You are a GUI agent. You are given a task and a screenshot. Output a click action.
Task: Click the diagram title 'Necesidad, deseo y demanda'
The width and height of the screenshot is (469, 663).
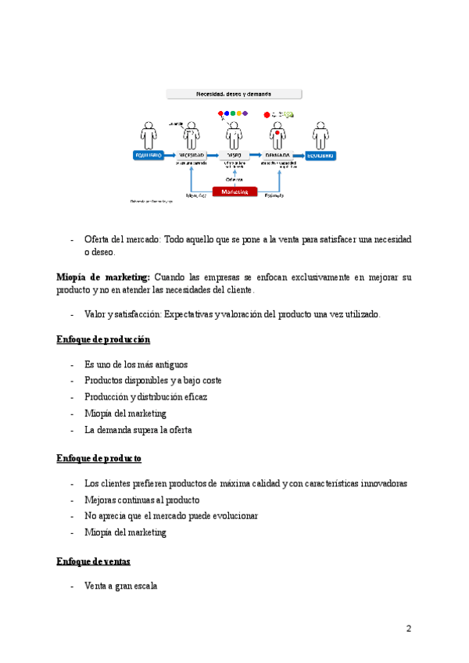[x=234, y=94]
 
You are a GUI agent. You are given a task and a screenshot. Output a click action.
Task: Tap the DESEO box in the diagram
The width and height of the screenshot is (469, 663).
[x=234, y=156]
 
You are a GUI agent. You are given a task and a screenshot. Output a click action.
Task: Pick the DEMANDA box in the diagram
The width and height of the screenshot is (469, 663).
[x=277, y=156]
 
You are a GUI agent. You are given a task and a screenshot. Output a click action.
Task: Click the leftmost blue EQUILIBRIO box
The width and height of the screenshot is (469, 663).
[x=149, y=156]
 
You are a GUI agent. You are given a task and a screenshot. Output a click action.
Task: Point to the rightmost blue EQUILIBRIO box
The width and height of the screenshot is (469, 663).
[x=320, y=156]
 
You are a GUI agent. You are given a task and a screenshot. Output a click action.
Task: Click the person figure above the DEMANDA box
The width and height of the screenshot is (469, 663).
[x=277, y=134]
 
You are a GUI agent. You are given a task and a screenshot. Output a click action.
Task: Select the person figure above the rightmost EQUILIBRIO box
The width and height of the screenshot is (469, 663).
[x=320, y=134]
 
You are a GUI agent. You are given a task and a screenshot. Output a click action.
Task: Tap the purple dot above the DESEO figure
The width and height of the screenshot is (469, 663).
[x=245, y=113]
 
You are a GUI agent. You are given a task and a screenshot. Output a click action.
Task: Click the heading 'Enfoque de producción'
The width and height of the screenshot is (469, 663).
[x=103, y=339]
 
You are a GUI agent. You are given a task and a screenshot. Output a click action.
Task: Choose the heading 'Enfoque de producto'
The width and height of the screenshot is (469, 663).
[x=98, y=458]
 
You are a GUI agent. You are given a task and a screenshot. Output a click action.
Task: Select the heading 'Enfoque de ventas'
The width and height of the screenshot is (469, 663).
[x=94, y=561]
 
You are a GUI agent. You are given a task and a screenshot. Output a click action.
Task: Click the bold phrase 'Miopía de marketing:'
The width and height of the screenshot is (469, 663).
[x=103, y=278]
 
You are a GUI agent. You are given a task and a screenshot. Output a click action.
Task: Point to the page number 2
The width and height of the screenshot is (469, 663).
[x=408, y=629]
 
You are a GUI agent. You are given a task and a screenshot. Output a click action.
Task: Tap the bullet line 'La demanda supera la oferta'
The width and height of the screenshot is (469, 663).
[x=138, y=429]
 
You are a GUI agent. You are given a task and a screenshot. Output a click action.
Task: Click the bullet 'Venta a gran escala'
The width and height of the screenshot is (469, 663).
[x=121, y=585]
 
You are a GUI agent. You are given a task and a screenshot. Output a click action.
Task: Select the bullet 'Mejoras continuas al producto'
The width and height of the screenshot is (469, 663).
[x=141, y=500]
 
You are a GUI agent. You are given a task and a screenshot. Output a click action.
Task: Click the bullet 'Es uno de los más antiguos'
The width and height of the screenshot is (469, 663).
[x=136, y=364]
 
